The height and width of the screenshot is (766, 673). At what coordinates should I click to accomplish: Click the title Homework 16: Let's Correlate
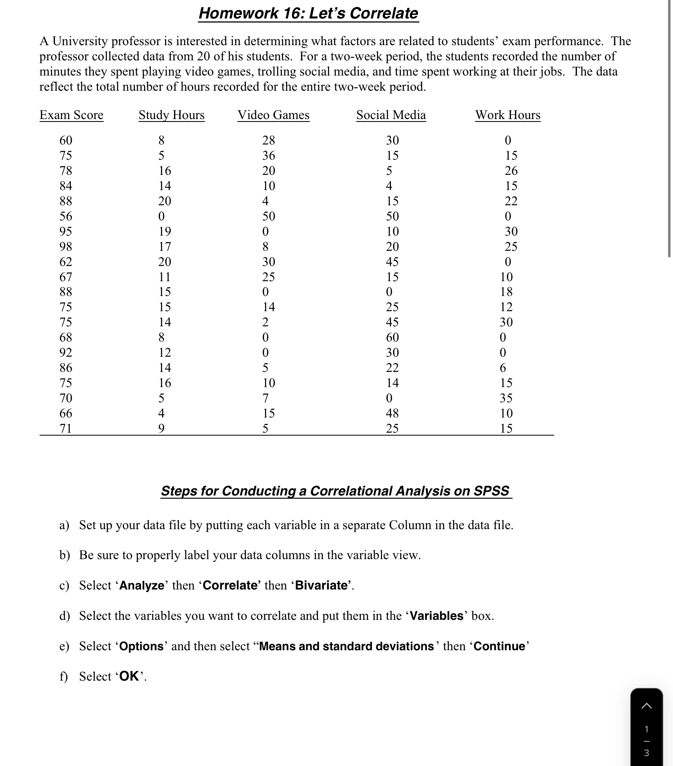coord(308,13)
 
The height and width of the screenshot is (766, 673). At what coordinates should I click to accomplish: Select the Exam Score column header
coord(71,115)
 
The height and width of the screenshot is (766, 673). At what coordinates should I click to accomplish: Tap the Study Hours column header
coord(172,115)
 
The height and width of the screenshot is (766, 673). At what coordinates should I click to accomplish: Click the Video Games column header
coord(273,115)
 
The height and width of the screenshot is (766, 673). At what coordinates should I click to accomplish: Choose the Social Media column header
coord(391,115)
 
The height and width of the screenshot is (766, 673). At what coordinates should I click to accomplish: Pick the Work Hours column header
coord(508,115)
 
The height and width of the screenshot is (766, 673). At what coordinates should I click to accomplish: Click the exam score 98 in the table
coord(66,247)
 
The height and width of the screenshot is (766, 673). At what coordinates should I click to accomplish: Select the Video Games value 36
coord(269,156)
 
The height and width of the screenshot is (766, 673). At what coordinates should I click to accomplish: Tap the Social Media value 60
coord(392,337)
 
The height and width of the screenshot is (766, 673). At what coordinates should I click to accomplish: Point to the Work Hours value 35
coord(506,398)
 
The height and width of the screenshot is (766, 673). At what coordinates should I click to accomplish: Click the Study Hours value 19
coord(165,232)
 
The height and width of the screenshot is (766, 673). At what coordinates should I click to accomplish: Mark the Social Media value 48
coord(392,413)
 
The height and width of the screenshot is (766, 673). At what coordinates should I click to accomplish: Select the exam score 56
coord(66,216)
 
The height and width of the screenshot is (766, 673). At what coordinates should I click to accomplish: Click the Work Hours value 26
coord(511,171)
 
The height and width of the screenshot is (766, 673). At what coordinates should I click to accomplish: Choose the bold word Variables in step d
coord(437,616)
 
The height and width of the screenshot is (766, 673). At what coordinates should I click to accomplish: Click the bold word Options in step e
coord(142,646)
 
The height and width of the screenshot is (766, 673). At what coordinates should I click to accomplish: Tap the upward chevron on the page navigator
coord(646,706)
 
